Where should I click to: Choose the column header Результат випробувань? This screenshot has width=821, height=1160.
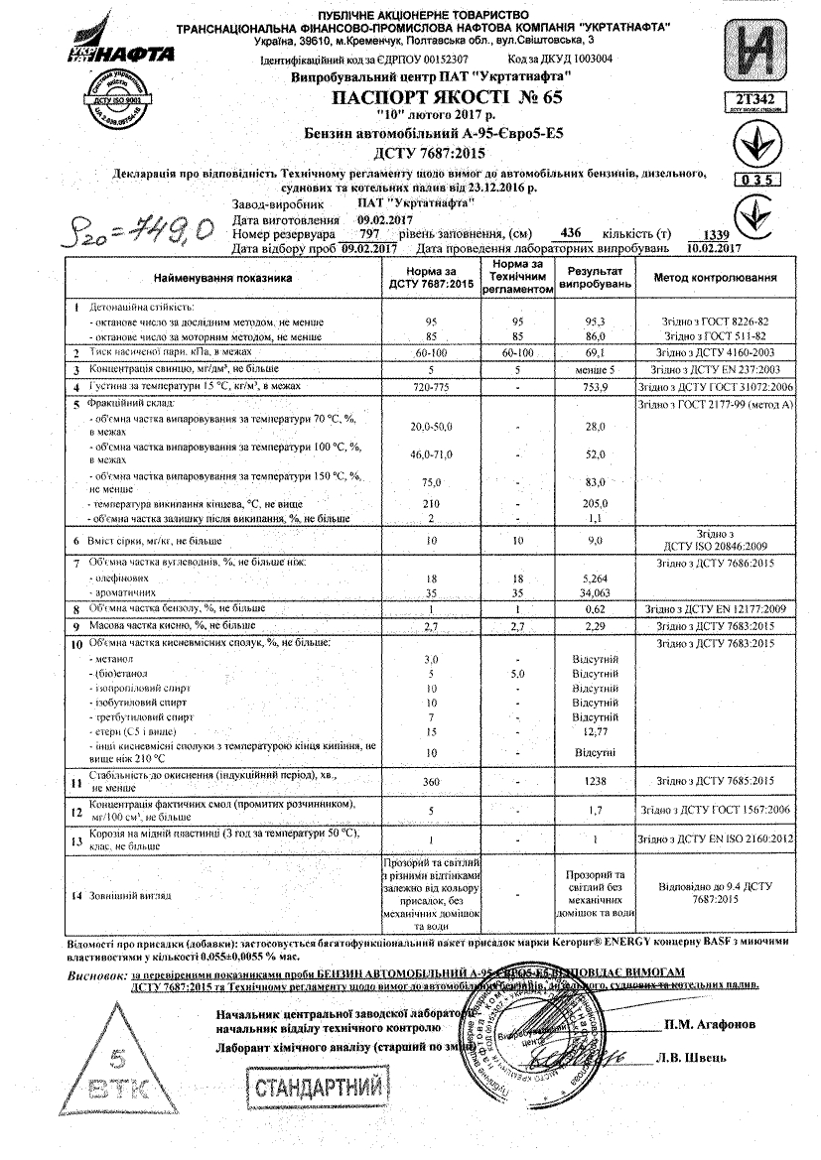[595, 277]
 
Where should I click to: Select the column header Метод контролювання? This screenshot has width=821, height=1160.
[714, 278]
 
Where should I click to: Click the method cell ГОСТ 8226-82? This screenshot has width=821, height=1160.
[714, 322]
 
